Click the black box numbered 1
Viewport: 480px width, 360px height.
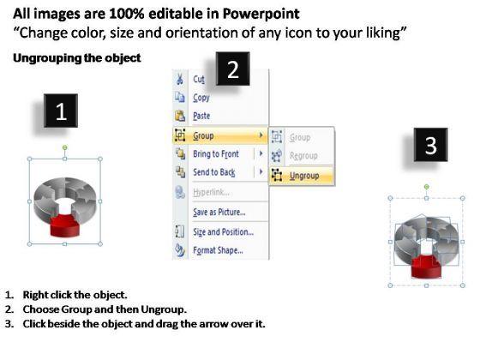point(61,111)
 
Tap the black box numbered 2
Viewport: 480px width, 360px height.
point(232,69)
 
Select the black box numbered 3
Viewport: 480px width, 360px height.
point(430,145)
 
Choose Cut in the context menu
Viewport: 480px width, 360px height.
point(199,79)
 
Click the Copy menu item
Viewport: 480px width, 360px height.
point(201,98)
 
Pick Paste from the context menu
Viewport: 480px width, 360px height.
point(201,116)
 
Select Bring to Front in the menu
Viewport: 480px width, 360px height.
point(216,153)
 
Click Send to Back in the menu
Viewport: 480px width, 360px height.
point(214,172)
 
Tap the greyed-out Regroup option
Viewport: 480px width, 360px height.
point(303,156)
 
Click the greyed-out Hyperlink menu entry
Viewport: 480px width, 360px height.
point(211,192)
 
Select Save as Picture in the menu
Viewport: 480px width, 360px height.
point(219,212)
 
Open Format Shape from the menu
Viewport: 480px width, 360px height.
point(218,250)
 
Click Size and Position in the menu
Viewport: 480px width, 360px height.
point(223,232)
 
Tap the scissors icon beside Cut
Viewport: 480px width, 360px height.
point(180,79)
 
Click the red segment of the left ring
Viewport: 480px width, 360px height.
point(65,226)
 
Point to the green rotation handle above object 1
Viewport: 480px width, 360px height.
point(65,147)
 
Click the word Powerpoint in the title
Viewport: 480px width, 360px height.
point(261,14)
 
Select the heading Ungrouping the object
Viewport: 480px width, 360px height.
point(77,58)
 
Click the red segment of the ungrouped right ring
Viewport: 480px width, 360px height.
point(426,267)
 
